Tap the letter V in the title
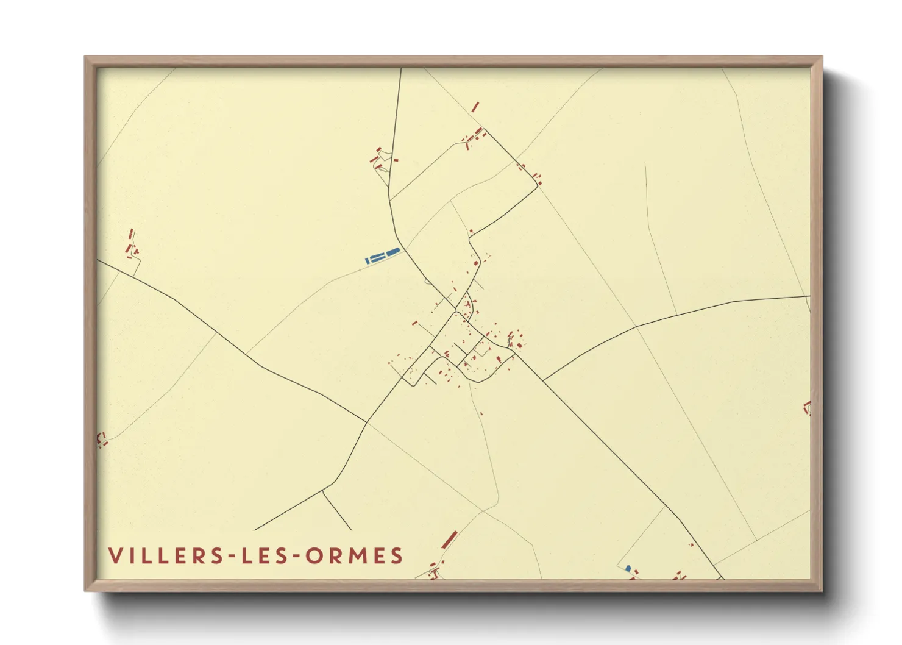(115, 556)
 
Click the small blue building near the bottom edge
(628, 568)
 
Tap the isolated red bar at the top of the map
(475, 107)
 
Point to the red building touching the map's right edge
(808, 408)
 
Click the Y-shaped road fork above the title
(322, 491)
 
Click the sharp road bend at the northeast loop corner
(536, 187)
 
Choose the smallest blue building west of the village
(367, 261)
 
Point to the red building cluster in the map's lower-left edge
(102, 439)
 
